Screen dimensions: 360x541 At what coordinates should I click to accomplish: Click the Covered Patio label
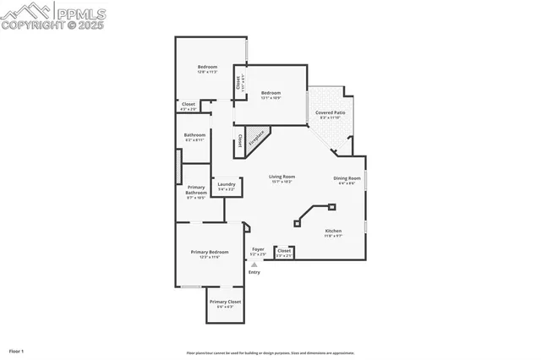[331, 112]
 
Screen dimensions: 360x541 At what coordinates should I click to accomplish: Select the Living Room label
[281, 177]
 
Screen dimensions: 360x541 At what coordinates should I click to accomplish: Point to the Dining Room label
[347, 178]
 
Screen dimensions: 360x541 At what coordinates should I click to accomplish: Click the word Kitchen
[334, 231]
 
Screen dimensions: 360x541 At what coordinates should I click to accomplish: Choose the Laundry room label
[226, 184]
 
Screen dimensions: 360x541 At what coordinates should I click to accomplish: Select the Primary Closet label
[225, 302]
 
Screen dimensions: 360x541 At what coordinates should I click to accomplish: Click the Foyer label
[258, 249]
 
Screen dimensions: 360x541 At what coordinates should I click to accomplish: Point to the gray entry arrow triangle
[254, 265]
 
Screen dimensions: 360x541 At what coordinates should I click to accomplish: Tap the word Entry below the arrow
[254, 272]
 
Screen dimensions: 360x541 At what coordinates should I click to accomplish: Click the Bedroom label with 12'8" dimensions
[207, 67]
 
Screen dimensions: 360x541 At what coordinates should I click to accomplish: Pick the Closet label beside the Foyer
[284, 250]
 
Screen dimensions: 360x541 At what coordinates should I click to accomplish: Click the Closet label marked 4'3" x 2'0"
[189, 104]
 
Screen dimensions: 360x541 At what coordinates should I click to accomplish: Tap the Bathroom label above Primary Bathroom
[195, 135]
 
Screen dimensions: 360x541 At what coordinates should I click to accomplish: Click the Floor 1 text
[16, 351]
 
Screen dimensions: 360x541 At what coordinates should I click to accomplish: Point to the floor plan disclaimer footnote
[270, 353]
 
